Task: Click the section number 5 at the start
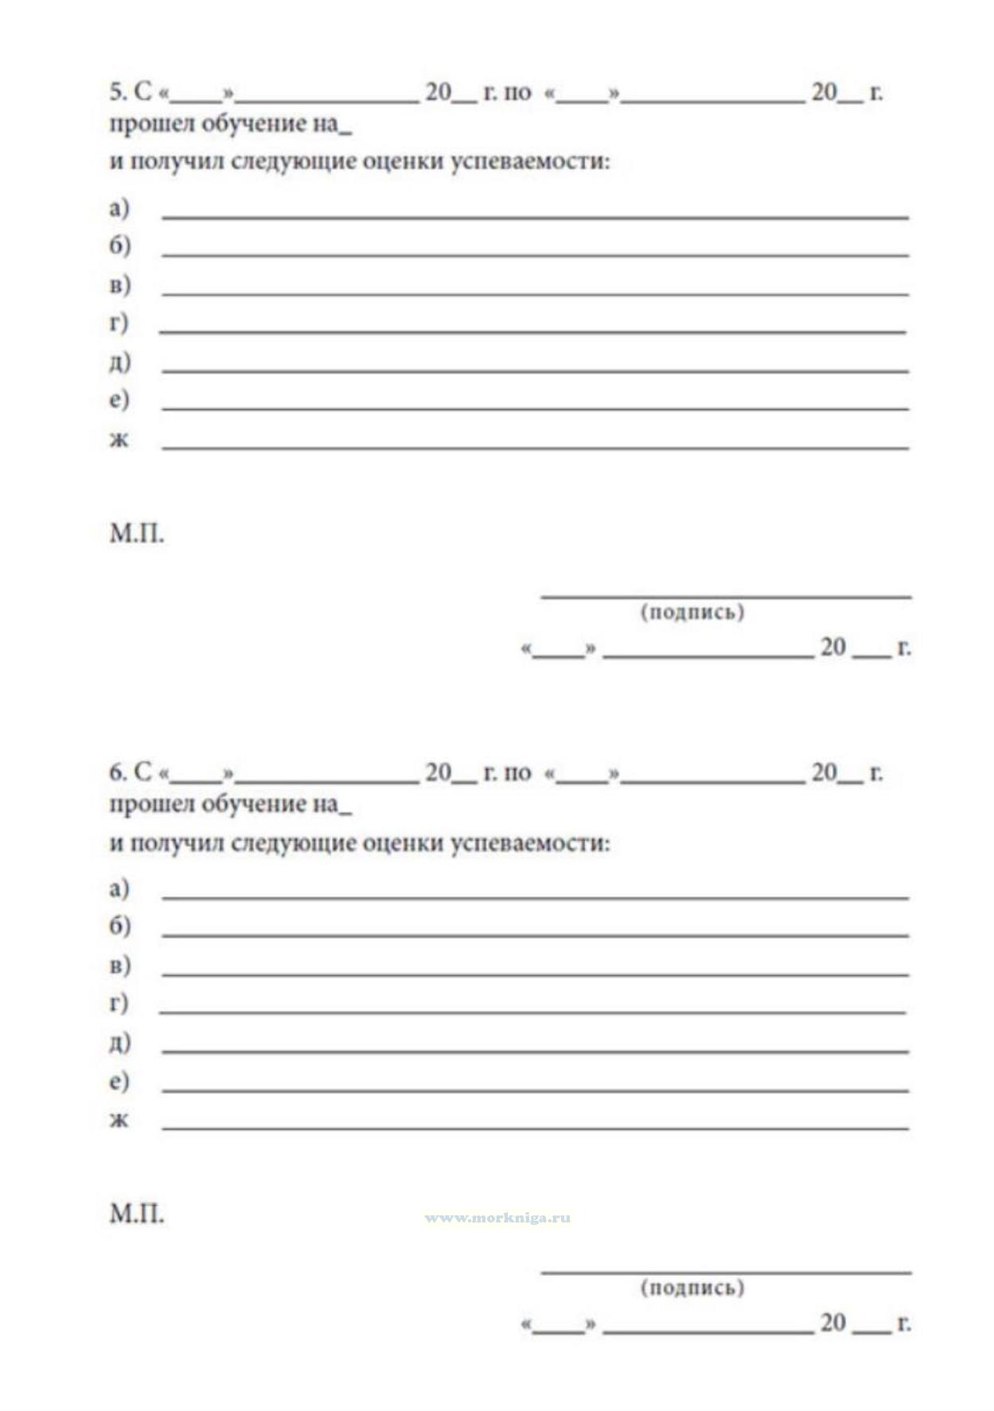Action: click(116, 92)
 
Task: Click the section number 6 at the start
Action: click(116, 772)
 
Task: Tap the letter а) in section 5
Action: click(119, 208)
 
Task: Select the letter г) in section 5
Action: click(118, 323)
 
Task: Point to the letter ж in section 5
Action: click(119, 439)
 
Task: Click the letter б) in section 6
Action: click(119, 926)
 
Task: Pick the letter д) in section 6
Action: click(119, 1042)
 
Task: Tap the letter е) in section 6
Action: click(119, 1081)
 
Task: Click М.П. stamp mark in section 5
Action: click(137, 534)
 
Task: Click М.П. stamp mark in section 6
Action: click(137, 1215)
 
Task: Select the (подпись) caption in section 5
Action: click(692, 612)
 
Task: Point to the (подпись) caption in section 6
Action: click(692, 1287)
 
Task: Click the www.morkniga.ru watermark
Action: click(497, 1218)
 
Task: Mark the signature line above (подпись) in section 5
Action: click(726, 594)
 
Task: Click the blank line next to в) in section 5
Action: click(535, 293)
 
